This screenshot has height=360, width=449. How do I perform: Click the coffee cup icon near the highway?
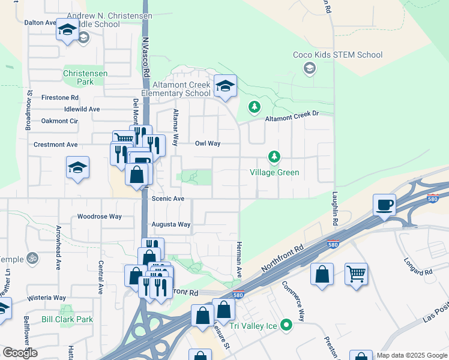384,205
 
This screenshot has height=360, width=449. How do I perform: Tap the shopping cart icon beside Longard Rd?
356,275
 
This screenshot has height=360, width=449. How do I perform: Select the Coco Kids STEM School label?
337,55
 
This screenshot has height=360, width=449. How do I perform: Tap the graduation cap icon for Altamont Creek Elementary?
225,87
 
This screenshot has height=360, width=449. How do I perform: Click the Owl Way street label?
208,143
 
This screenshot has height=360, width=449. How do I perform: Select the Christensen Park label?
85,77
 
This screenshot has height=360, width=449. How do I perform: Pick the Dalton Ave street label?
40,22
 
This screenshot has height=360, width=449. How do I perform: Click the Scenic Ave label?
168,199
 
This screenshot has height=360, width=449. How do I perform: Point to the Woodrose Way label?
100,217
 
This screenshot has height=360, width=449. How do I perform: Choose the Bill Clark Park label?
67,319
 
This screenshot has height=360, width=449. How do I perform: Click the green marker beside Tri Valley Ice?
286,326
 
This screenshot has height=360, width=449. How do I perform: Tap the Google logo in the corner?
19,353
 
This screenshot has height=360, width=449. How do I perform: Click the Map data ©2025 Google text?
412,355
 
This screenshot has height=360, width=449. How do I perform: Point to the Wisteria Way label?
46,298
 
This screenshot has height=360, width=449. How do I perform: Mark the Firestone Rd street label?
60,97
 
